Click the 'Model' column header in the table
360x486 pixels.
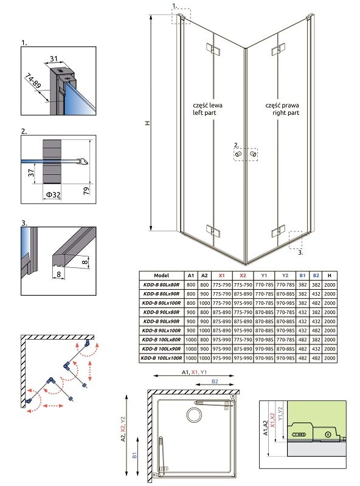coord(161,275)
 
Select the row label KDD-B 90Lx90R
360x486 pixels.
coord(161,321)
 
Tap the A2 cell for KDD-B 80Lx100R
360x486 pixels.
coord(204,303)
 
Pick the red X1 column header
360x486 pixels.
coord(221,275)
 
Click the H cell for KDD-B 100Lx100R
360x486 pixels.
coord(330,358)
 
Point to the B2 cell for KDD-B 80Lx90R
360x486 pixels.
coord(316,293)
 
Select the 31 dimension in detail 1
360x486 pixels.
coord(54,58)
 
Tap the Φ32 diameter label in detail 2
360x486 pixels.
coord(53,194)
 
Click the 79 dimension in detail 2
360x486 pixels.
coord(86,190)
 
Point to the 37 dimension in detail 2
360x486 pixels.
coord(31,173)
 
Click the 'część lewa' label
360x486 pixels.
coord(207,105)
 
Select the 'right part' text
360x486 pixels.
coord(286,113)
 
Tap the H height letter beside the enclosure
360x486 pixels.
coord(148,123)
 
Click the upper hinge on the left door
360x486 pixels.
coord(213,50)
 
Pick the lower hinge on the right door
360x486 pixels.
coord(278,231)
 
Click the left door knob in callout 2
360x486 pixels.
coord(238,154)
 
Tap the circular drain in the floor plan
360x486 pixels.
coord(194,414)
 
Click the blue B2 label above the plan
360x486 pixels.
coord(215,382)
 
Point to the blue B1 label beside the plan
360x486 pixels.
coord(134,455)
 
